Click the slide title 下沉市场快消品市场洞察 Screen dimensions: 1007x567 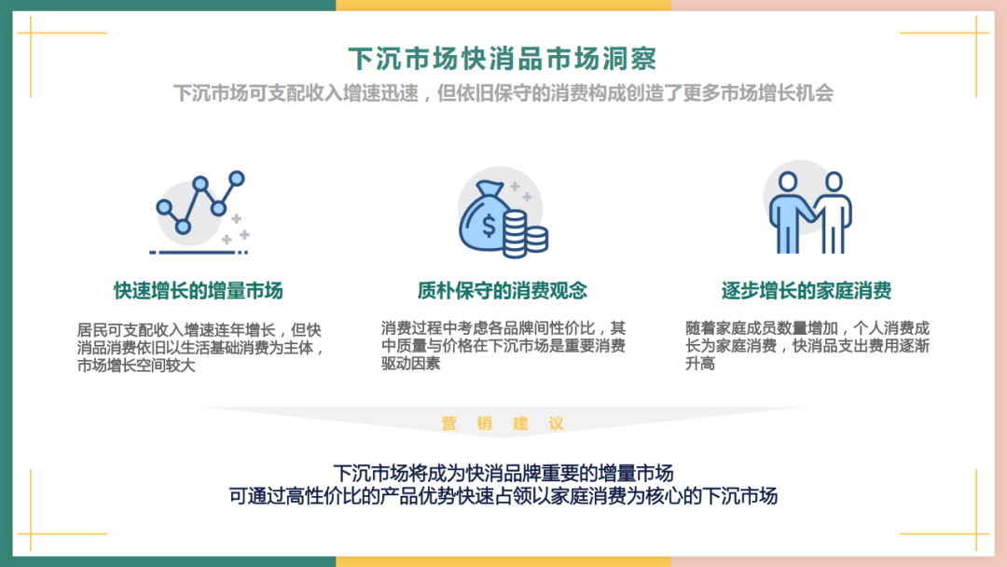click(x=503, y=59)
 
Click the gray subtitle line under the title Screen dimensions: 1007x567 click(x=504, y=93)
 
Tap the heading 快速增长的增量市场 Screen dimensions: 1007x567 click(x=199, y=291)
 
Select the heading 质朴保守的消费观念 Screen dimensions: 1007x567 click(x=503, y=291)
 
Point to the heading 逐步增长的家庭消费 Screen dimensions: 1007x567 click(x=806, y=291)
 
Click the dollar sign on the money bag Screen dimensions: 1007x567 click(x=489, y=226)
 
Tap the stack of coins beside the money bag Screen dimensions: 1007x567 click(x=525, y=234)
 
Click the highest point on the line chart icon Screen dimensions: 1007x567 click(x=237, y=178)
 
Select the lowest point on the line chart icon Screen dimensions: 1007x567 click(x=183, y=226)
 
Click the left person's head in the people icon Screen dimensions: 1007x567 click(x=788, y=182)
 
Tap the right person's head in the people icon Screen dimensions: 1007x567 click(x=834, y=182)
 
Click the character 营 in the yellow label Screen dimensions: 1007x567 click(x=448, y=423)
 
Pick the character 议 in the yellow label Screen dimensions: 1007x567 click(x=556, y=423)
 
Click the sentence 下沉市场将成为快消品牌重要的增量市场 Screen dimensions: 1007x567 click(x=504, y=473)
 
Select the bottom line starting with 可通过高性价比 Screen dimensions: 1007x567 click(x=504, y=496)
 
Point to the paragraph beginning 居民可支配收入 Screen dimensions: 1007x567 click(x=200, y=348)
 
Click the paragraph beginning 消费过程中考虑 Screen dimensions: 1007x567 click(x=504, y=345)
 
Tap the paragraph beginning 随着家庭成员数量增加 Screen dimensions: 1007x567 click(x=807, y=345)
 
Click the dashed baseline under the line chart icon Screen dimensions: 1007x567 click(x=199, y=253)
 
